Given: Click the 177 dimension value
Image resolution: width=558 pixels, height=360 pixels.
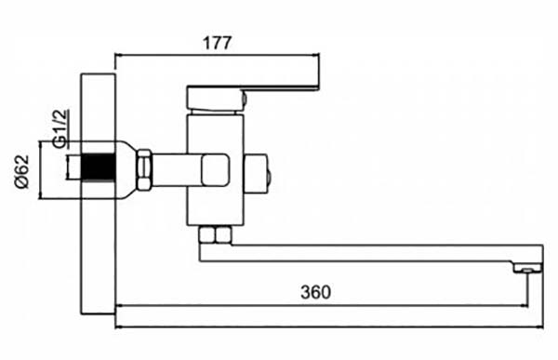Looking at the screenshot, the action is [217, 43].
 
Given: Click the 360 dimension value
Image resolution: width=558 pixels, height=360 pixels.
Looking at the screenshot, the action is [315, 292].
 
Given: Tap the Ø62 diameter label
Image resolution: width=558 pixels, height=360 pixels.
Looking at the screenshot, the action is [21, 172].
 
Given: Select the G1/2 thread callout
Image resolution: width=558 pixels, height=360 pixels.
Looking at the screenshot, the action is [60, 127].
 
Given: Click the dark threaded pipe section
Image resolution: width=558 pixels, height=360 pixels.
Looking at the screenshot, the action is [99, 167].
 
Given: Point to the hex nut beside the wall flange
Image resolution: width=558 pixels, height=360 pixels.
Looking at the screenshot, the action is [144, 169].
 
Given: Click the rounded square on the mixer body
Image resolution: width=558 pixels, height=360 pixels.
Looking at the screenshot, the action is [215, 169].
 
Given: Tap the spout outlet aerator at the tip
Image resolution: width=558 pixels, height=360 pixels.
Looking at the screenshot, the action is [527, 269].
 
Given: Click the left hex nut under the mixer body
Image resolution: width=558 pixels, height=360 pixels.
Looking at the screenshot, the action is [206, 235].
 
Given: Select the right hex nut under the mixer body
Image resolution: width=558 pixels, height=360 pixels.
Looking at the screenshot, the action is [223, 235].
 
